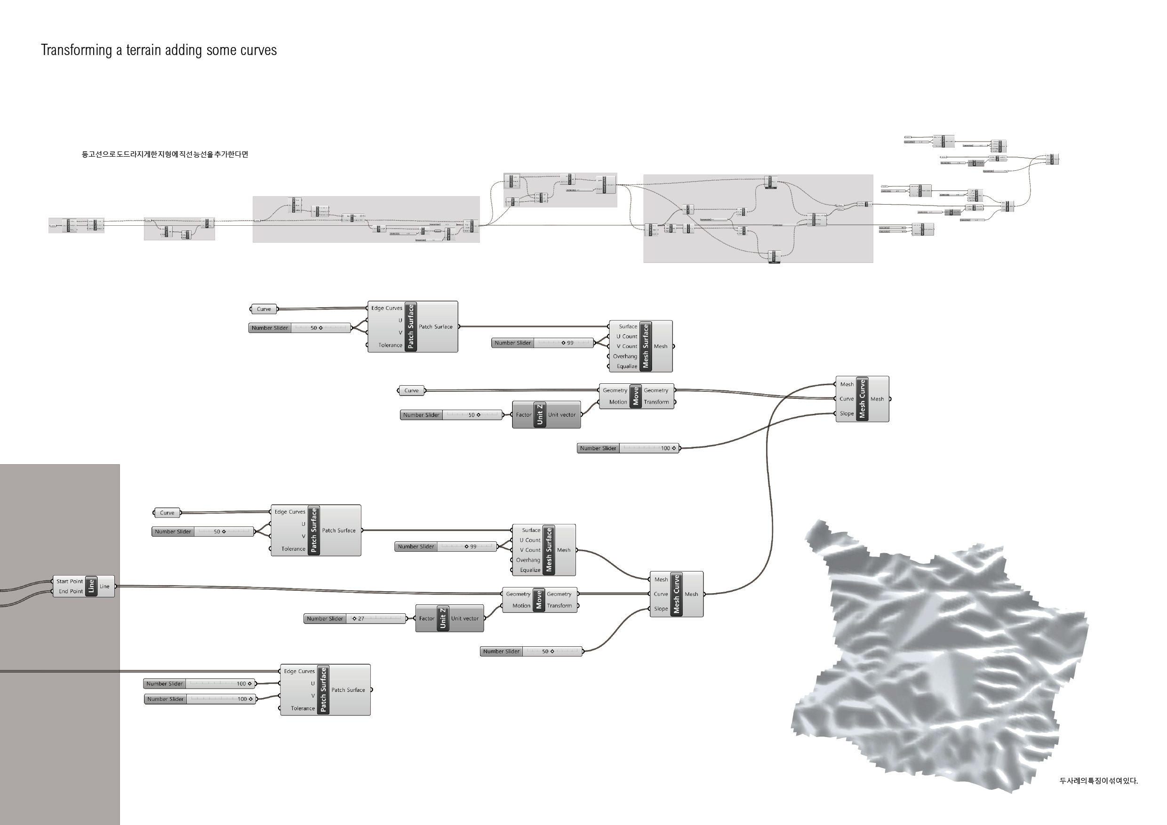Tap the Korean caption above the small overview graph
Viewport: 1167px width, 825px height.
pyautogui.click(x=165, y=154)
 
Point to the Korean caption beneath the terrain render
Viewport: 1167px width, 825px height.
pyautogui.click(x=1098, y=781)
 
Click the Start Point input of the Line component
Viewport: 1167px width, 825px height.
pyautogui.click(x=69, y=581)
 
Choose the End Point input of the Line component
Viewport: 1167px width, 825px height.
pyautogui.click(x=70, y=591)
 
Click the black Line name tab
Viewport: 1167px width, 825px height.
pyautogui.click(x=91, y=586)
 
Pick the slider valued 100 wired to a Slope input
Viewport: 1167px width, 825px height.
pyautogui.click(x=628, y=448)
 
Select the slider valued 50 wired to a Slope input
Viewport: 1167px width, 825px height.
pyautogui.click(x=531, y=651)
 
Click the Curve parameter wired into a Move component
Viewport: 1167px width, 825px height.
pyautogui.click(x=411, y=391)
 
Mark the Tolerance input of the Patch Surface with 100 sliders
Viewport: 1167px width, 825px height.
pyautogui.click(x=303, y=708)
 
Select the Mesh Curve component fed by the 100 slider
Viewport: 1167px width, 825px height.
pyautogui.click(x=862, y=399)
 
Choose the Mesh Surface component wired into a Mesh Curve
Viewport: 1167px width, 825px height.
pyautogui.click(x=544, y=550)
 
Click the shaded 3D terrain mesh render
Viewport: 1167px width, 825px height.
pyautogui.click(x=940, y=655)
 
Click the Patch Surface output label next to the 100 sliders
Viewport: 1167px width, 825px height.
pyautogui.click(x=348, y=690)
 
